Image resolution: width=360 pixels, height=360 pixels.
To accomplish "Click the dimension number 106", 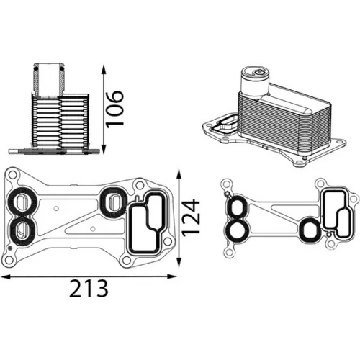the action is [115, 109].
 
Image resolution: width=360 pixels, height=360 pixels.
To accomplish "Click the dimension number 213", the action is [89, 289].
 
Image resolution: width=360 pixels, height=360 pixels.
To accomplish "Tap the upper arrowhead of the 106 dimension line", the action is [104, 69].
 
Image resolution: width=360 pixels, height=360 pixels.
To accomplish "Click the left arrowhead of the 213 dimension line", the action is [6, 276].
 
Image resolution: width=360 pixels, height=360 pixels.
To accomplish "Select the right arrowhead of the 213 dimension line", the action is [171, 276].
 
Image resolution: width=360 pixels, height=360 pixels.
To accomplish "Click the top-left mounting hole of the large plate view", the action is [12, 174].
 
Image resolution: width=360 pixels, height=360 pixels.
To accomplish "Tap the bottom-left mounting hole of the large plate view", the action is [9, 260].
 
